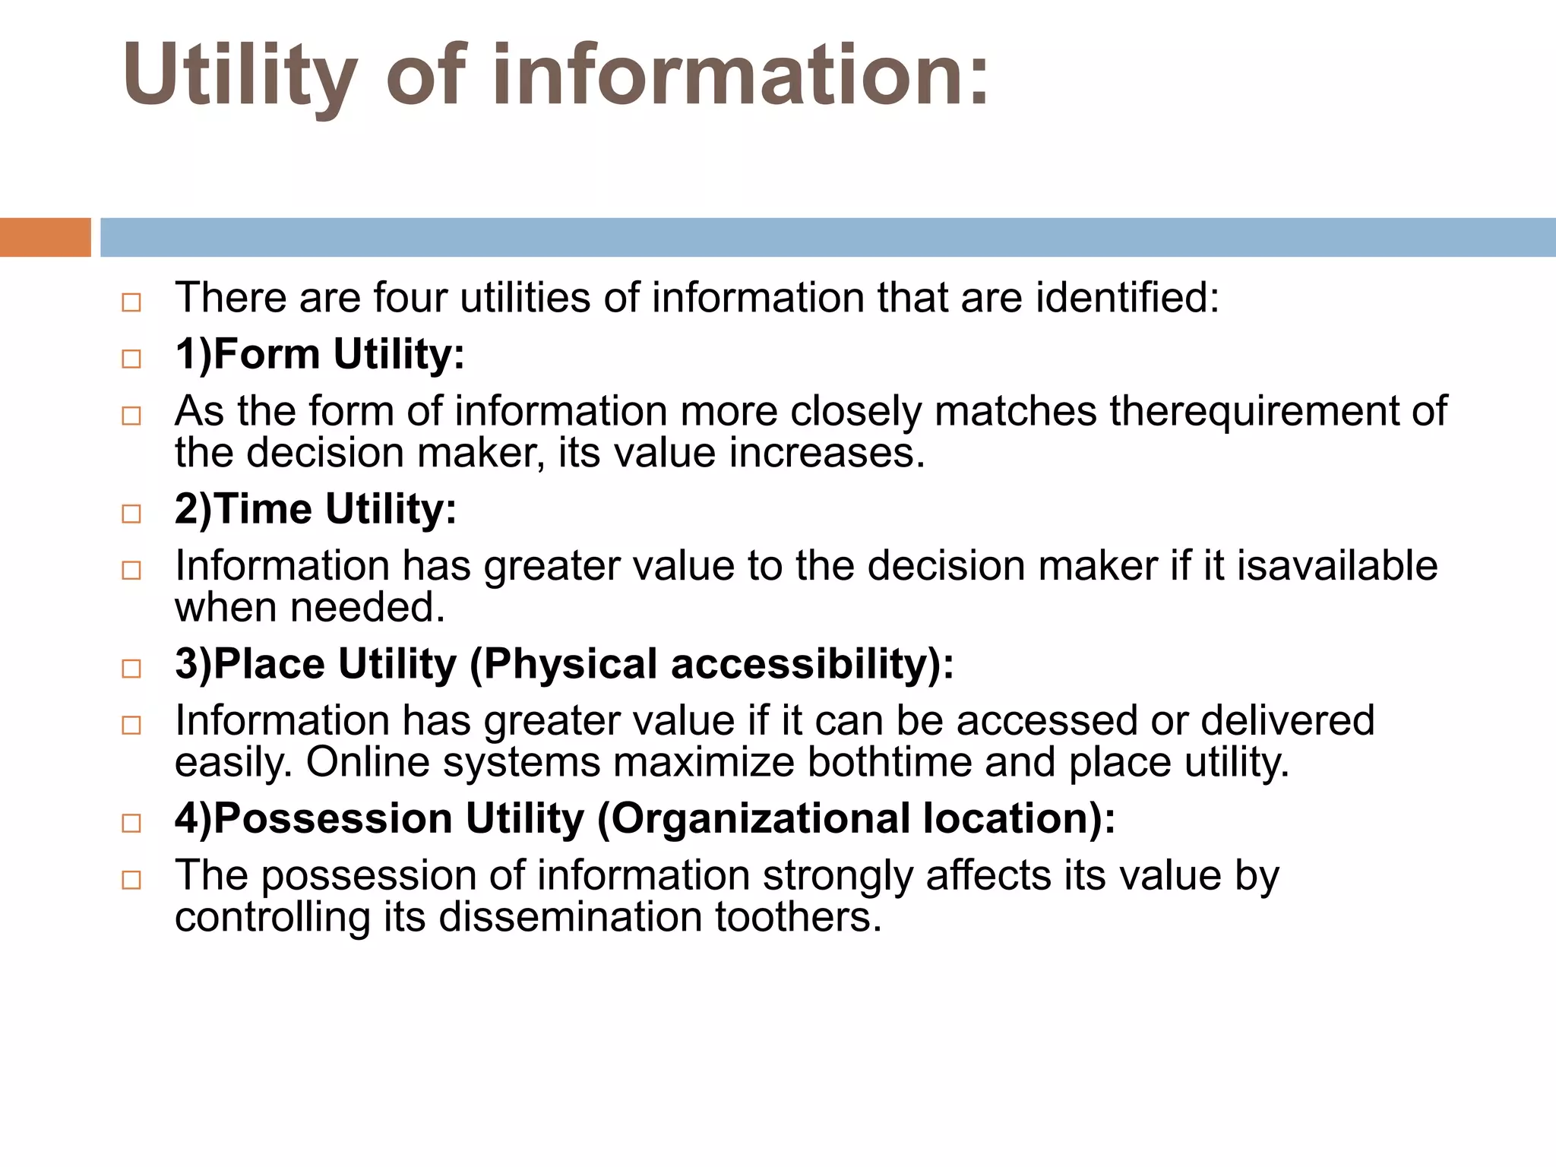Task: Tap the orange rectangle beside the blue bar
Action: point(45,237)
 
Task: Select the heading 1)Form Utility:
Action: point(319,354)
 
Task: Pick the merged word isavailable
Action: point(1337,566)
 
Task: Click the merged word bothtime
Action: point(889,761)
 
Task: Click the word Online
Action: point(368,761)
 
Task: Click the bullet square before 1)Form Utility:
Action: point(131,359)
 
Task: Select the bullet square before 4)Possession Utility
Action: point(131,823)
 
